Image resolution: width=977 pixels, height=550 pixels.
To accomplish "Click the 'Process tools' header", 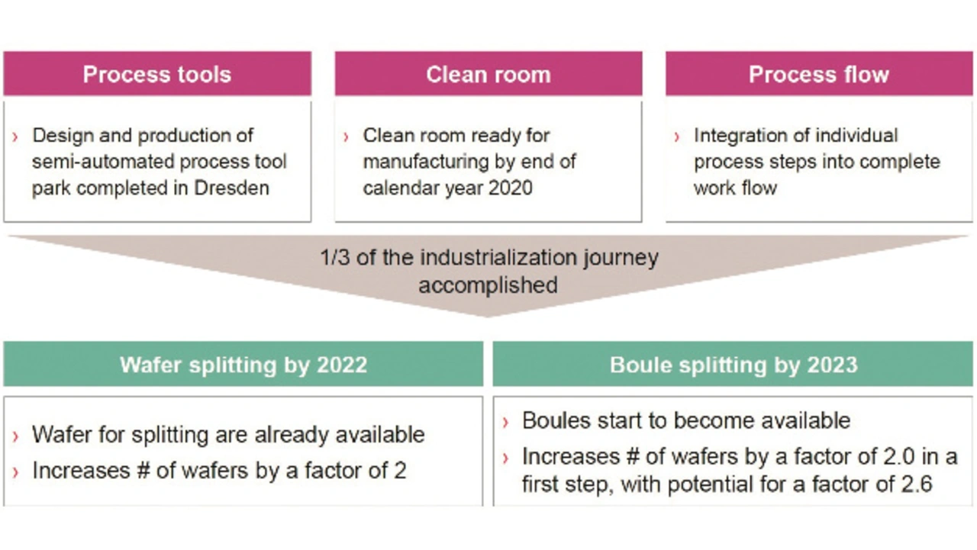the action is click(x=157, y=74).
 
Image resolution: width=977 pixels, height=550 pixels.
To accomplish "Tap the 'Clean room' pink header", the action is click(x=488, y=74).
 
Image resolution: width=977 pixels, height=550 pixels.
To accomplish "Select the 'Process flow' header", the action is click(x=819, y=74).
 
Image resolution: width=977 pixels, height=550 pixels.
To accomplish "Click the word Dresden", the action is click(x=231, y=188).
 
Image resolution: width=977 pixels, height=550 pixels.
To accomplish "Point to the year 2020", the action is click(x=511, y=188).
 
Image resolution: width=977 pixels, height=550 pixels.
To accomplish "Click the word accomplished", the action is click(x=488, y=285).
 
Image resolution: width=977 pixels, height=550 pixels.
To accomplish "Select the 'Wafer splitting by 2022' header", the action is click(x=243, y=365).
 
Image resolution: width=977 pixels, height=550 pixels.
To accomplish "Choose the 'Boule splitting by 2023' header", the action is click(x=734, y=365).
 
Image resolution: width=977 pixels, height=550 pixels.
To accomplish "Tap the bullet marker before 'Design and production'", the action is click(x=15, y=137).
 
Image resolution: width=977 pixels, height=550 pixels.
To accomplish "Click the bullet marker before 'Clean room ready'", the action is click(x=346, y=137).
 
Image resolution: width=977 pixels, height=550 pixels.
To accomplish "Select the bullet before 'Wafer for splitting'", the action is click(x=16, y=436).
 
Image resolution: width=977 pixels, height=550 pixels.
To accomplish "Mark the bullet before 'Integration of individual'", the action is click(x=676, y=137).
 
